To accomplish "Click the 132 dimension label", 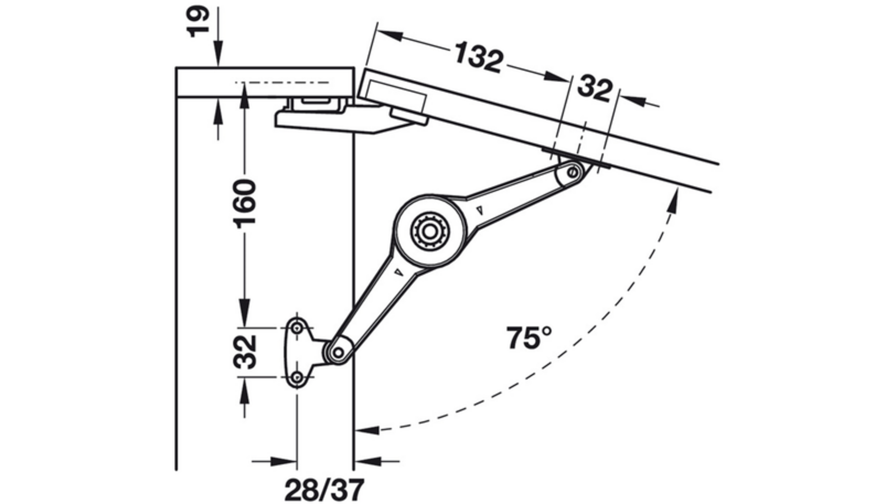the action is pyautogui.click(x=478, y=57).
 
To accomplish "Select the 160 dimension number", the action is pyautogui.click(x=245, y=202).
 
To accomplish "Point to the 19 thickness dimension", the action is pyautogui.click(x=197, y=21).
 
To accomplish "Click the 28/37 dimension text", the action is pyautogui.click(x=324, y=490).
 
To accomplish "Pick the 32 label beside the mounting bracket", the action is pyautogui.click(x=245, y=352).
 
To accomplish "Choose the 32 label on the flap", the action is pyautogui.click(x=595, y=89).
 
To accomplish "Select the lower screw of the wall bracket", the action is pyautogui.click(x=297, y=378).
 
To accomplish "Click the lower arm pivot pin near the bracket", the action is pyautogui.click(x=339, y=353).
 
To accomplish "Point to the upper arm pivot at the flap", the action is pyautogui.click(x=573, y=173).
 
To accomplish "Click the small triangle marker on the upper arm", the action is pyautogui.click(x=479, y=210).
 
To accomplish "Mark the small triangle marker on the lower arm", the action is pyautogui.click(x=398, y=272).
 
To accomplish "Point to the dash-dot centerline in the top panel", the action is pyautogui.click(x=282, y=82).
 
